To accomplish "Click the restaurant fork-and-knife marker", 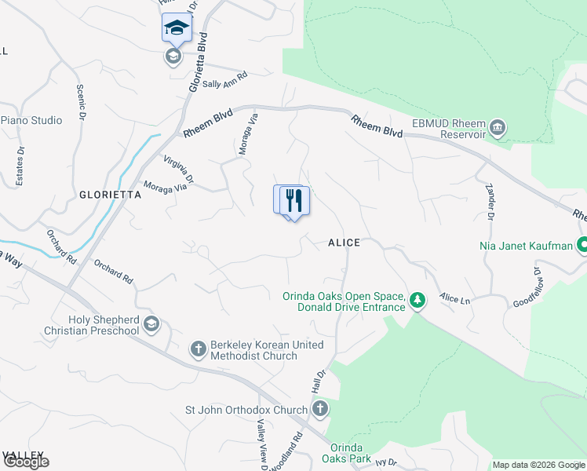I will [294, 199].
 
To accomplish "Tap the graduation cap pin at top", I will [177, 28].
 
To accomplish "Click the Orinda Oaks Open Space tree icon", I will [418, 301].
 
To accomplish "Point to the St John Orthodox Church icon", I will [319, 409].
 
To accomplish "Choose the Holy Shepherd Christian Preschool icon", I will [151, 324].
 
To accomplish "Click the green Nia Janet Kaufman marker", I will [582, 246].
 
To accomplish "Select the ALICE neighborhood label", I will [344, 243].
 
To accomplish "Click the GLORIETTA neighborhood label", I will [109, 195].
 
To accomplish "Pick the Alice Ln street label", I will [454, 298].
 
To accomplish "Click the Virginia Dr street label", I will [178, 172].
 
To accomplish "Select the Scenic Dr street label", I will [81, 103].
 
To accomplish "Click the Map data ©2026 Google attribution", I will [538, 465].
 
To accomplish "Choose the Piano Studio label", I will [31, 120].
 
